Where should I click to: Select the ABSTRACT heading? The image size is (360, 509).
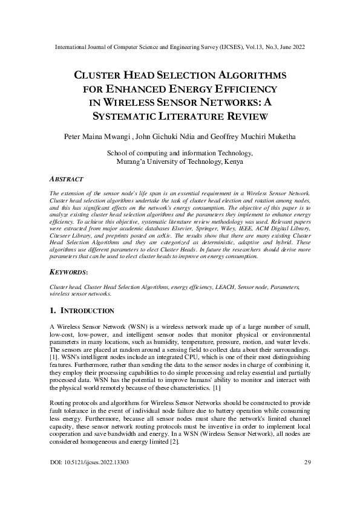click(x=67, y=180)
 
